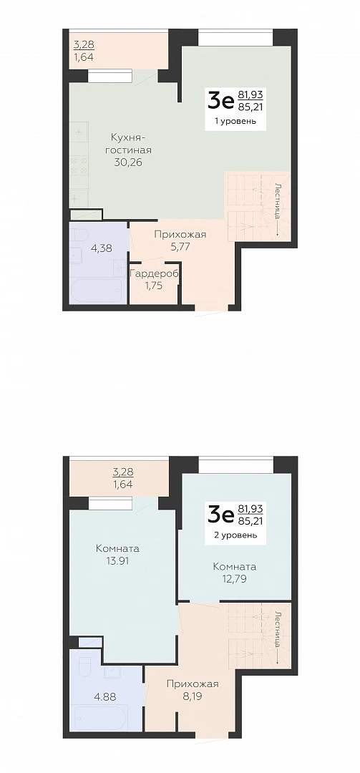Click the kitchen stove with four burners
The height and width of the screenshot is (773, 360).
point(79,166)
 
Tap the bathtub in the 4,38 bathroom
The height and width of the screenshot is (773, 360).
point(97,291)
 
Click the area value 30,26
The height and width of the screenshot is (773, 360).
point(127,162)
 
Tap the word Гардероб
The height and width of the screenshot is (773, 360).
point(153,273)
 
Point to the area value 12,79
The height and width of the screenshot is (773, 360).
point(234,578)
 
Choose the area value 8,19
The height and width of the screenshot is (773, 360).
point(193,696)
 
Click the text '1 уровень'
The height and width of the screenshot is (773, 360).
point(235,121)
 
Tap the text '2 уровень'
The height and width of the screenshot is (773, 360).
point(235,535)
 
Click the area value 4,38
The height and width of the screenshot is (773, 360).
point(101,248)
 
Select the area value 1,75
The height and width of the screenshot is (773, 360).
point(153,286)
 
